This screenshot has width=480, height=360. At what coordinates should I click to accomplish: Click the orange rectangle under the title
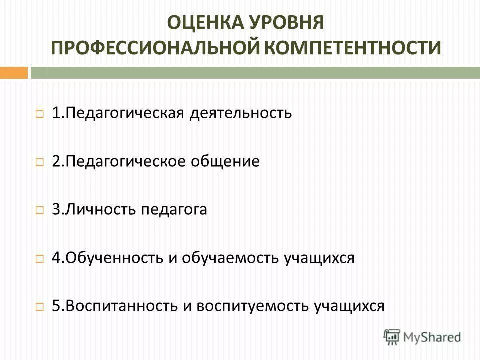(13, 73)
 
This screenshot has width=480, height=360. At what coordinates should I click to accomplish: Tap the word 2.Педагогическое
(117, 161)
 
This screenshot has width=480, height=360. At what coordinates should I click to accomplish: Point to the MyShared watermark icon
(392, 335)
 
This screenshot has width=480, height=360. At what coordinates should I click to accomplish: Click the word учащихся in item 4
(319, 258)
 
